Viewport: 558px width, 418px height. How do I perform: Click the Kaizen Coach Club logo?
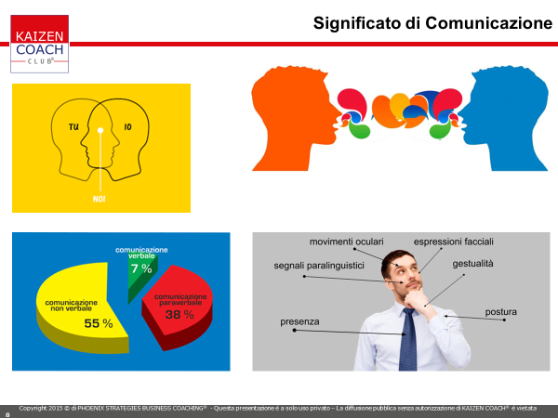point(39,44)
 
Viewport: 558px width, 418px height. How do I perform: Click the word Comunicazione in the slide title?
point(488,23)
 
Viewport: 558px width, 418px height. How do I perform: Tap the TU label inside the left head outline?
point(73,127)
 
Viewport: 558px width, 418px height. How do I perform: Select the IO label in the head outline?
point(127,127)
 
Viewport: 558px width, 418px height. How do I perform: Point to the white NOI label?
point(99,199)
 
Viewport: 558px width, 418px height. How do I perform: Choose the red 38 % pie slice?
point(177,307)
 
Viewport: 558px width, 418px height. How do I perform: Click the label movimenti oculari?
point(346,242)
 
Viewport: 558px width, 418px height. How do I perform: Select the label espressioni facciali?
point(454,242)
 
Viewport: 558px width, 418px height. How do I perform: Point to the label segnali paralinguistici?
point(319,266)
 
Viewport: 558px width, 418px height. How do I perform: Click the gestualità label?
point(473,264)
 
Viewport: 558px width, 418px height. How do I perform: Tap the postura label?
point(500,312)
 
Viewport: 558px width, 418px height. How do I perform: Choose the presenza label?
point(299,321)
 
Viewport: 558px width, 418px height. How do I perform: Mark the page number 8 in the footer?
point(7,414)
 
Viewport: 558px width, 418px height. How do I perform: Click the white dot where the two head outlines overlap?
point(100,130)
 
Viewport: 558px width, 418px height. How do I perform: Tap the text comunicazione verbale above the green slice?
point(141,253)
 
